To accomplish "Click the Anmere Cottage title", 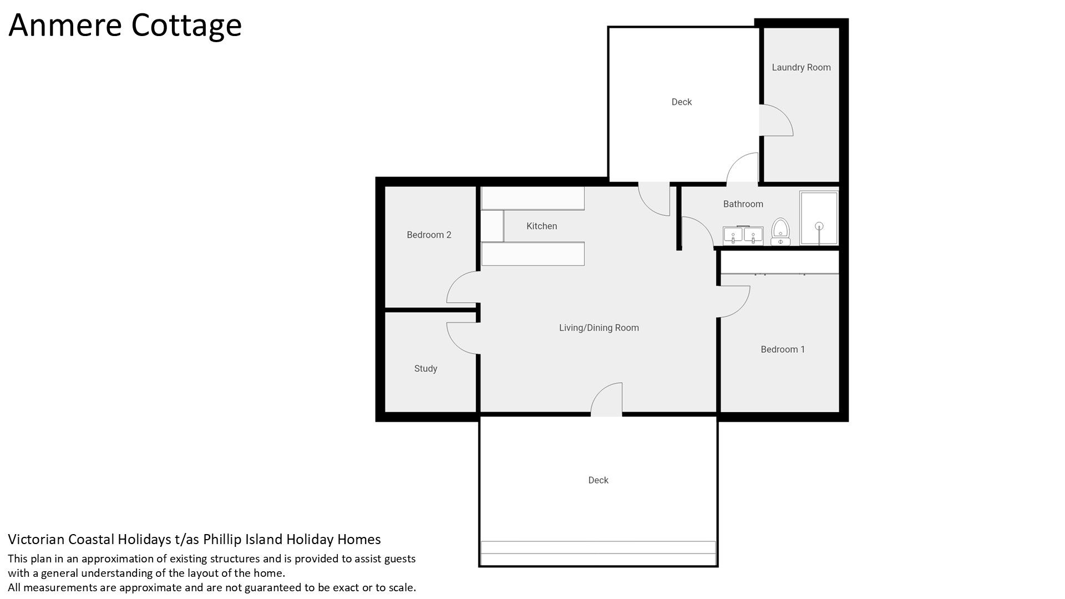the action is [125, 26].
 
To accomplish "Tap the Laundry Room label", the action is [801, 68].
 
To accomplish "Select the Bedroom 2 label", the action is [429, 235].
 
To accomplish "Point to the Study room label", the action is [425, 369].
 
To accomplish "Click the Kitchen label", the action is [541, 226].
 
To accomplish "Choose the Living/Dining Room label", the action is [599, 328].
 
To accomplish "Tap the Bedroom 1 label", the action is [783, 349].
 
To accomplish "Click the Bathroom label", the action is [743, 204].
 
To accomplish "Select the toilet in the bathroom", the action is [780, 232].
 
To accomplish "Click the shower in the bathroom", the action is [819, 218].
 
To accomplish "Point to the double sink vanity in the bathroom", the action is [743, 236].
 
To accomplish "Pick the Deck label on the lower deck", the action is [598, 480].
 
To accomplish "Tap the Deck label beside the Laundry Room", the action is [681, 102].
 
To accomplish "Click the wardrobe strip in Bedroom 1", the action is [779, 262].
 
